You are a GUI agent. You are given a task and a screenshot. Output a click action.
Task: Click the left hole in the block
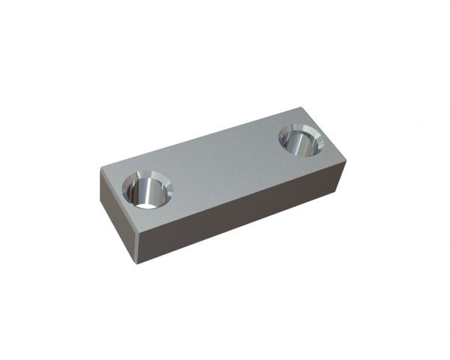pyautogui.click(x=147, y=189)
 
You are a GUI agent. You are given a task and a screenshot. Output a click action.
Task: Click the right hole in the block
pyautogui.click(x=301, y=139)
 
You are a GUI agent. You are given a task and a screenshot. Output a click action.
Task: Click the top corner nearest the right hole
pyautogui.click(x=345, y=159)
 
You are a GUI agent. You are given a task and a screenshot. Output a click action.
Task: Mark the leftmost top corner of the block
pyautogui.click(x=100, y=169)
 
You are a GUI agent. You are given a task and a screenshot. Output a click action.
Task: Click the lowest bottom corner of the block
pyautogui.click(x=136, y=262)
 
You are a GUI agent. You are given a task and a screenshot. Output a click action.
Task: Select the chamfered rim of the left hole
pyautogui.click(x=165, y=181)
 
